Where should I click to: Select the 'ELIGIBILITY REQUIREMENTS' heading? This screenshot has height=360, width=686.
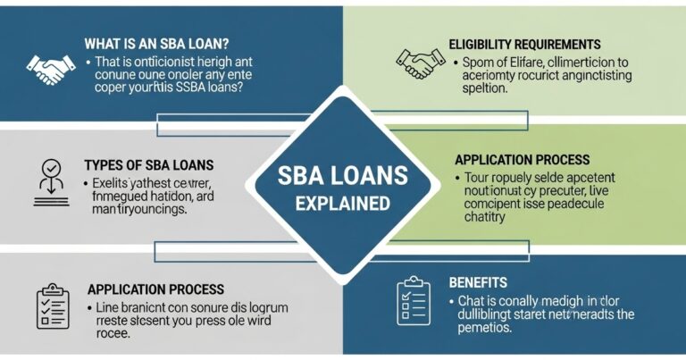pyautogui.click(x=524, y=44)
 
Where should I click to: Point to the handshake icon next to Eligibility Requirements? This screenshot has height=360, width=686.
pyautogui.click(x=420, y=63)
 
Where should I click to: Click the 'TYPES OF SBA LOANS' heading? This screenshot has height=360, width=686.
pyautogui.click(x=148, y=165)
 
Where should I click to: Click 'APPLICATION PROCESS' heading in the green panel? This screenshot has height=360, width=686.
pyautogui.click(x=522, y=160)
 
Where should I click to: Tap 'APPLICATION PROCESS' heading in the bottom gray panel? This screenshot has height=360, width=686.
pyautogui.click(x=155, y=289)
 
